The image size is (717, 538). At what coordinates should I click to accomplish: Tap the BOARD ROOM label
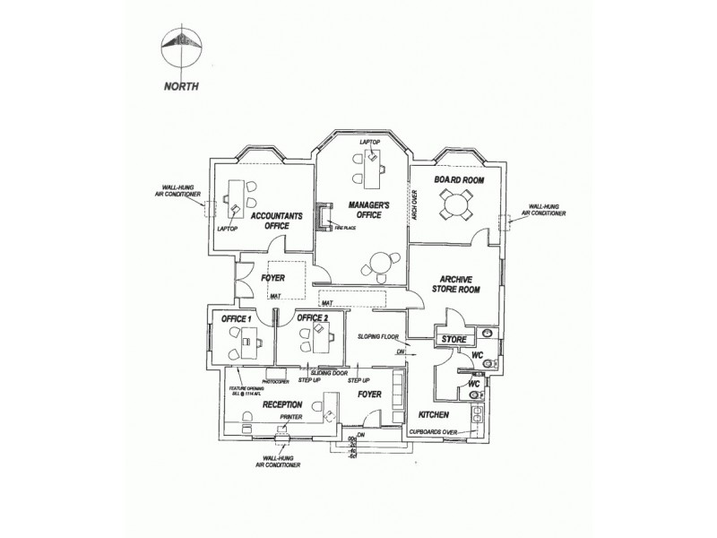click(459, 180)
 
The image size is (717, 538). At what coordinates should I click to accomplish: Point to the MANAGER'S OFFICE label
click(367, 211)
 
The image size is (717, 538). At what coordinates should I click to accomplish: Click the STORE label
click(455, 339)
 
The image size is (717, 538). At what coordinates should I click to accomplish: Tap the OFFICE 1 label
click(236, 319)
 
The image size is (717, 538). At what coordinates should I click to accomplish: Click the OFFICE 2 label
click(313, 318)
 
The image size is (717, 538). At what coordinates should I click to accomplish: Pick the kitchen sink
click(477, 414)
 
